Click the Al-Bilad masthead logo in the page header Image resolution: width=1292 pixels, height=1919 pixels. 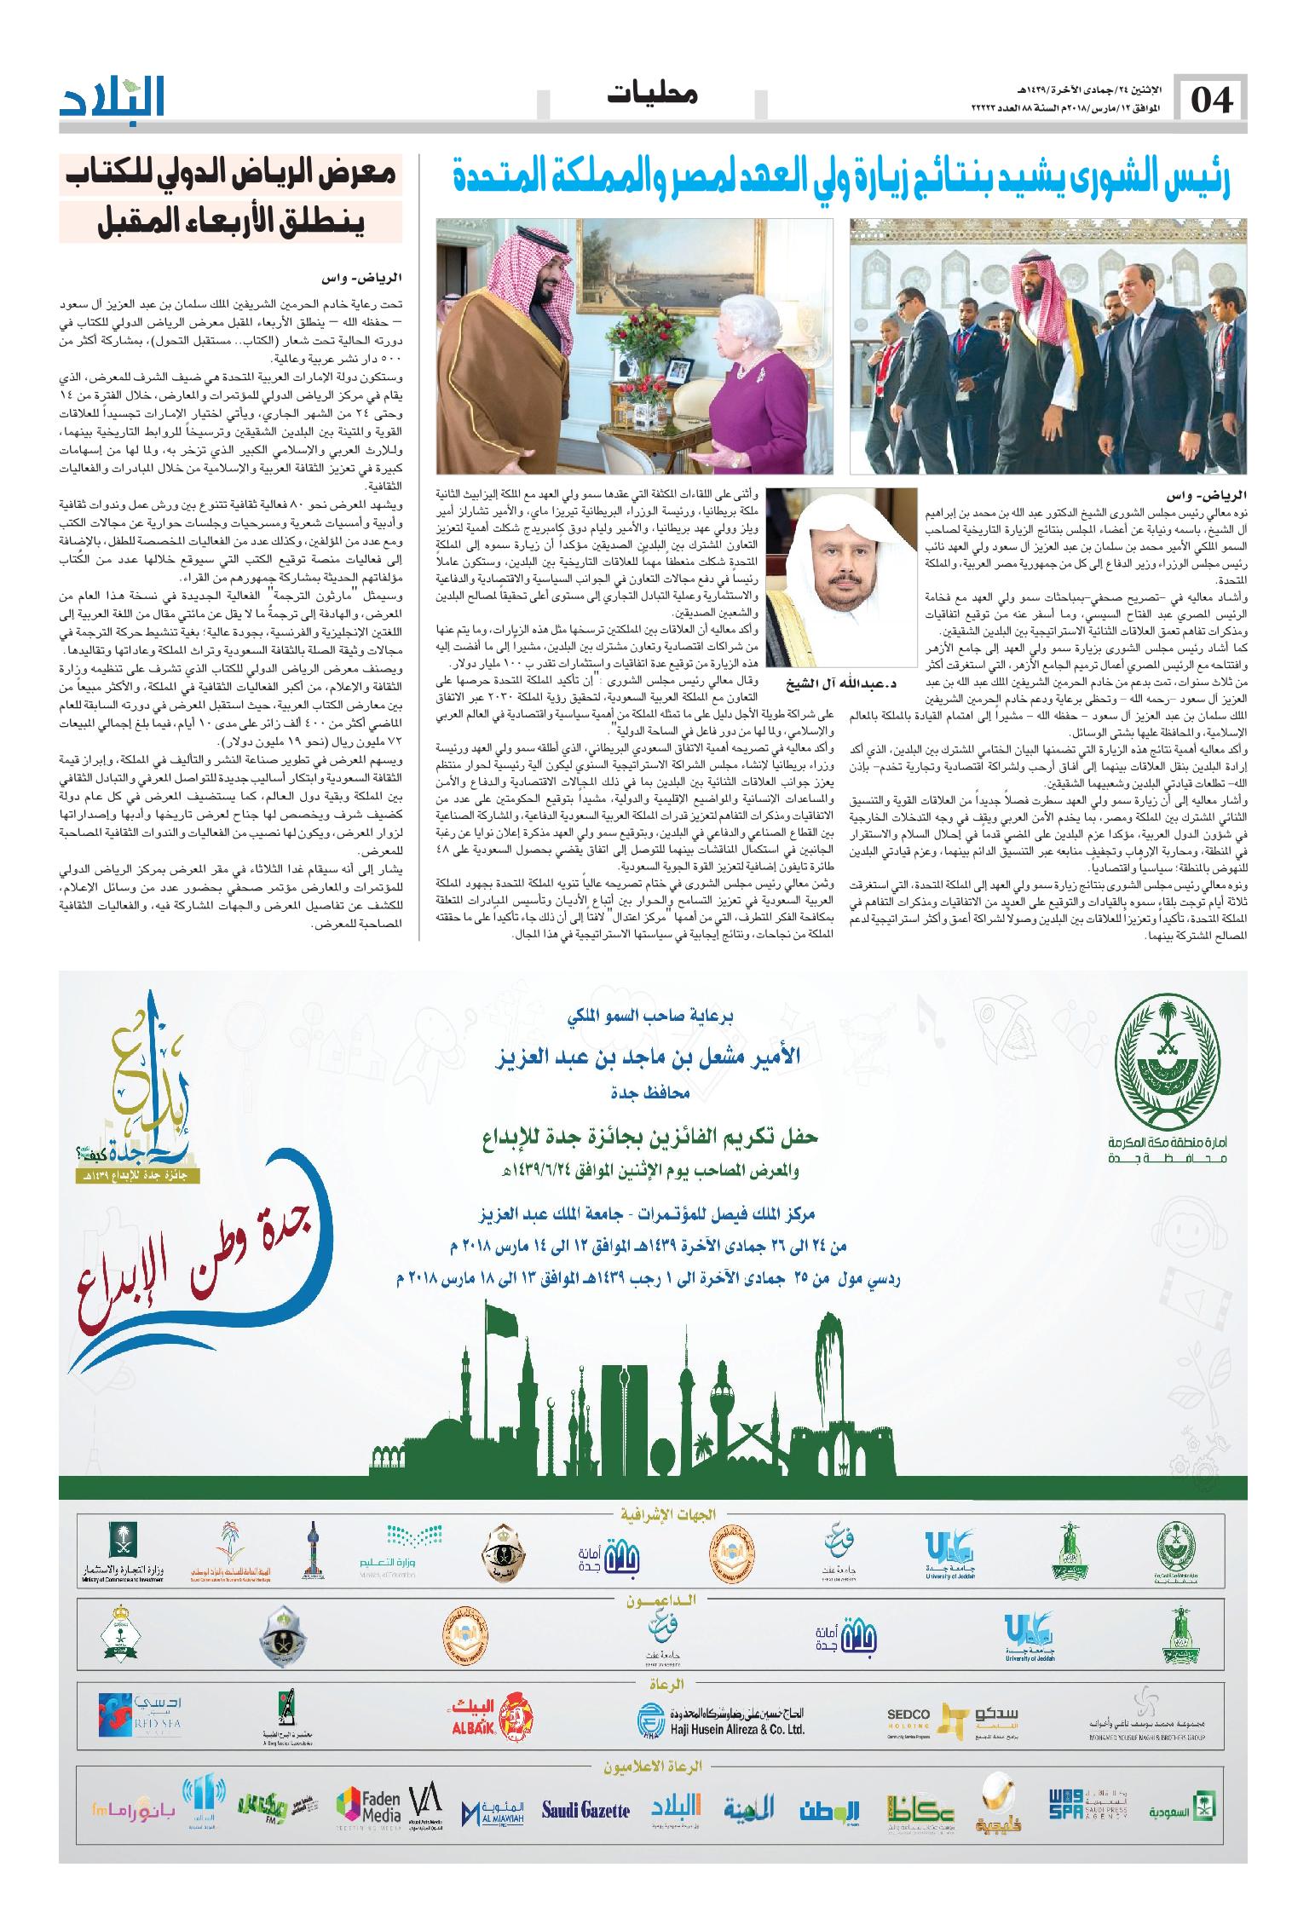pyautogui.click(x=112, y=98)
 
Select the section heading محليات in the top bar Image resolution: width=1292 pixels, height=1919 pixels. pyautogui.click(x=653, y=95)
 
